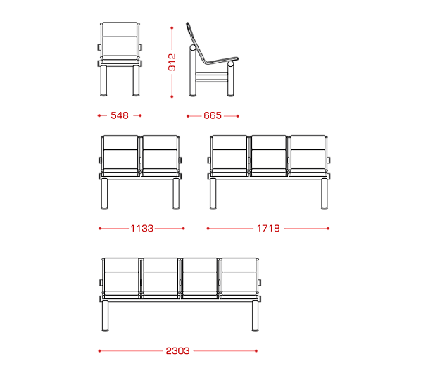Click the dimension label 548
tap(120, 115)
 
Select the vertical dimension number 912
tap(172, 63)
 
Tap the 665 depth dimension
tap(213, 115)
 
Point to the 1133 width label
tap(141, 228)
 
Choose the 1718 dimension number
tap(268, 228)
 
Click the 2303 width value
tap(177, 351)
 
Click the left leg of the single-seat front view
tap(103, 80)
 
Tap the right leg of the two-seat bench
tap(176, 194)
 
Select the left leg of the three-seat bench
tap(213, 194)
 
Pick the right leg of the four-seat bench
tap(255, 316)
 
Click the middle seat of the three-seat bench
tap(269, 156)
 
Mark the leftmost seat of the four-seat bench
tap(122, 278)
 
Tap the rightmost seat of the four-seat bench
tap(239, 278)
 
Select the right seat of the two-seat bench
tap(160, 156)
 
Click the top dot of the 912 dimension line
tap(172, 28)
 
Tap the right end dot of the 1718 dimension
tap(328, 228)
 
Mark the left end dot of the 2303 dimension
tap(100, 351)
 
